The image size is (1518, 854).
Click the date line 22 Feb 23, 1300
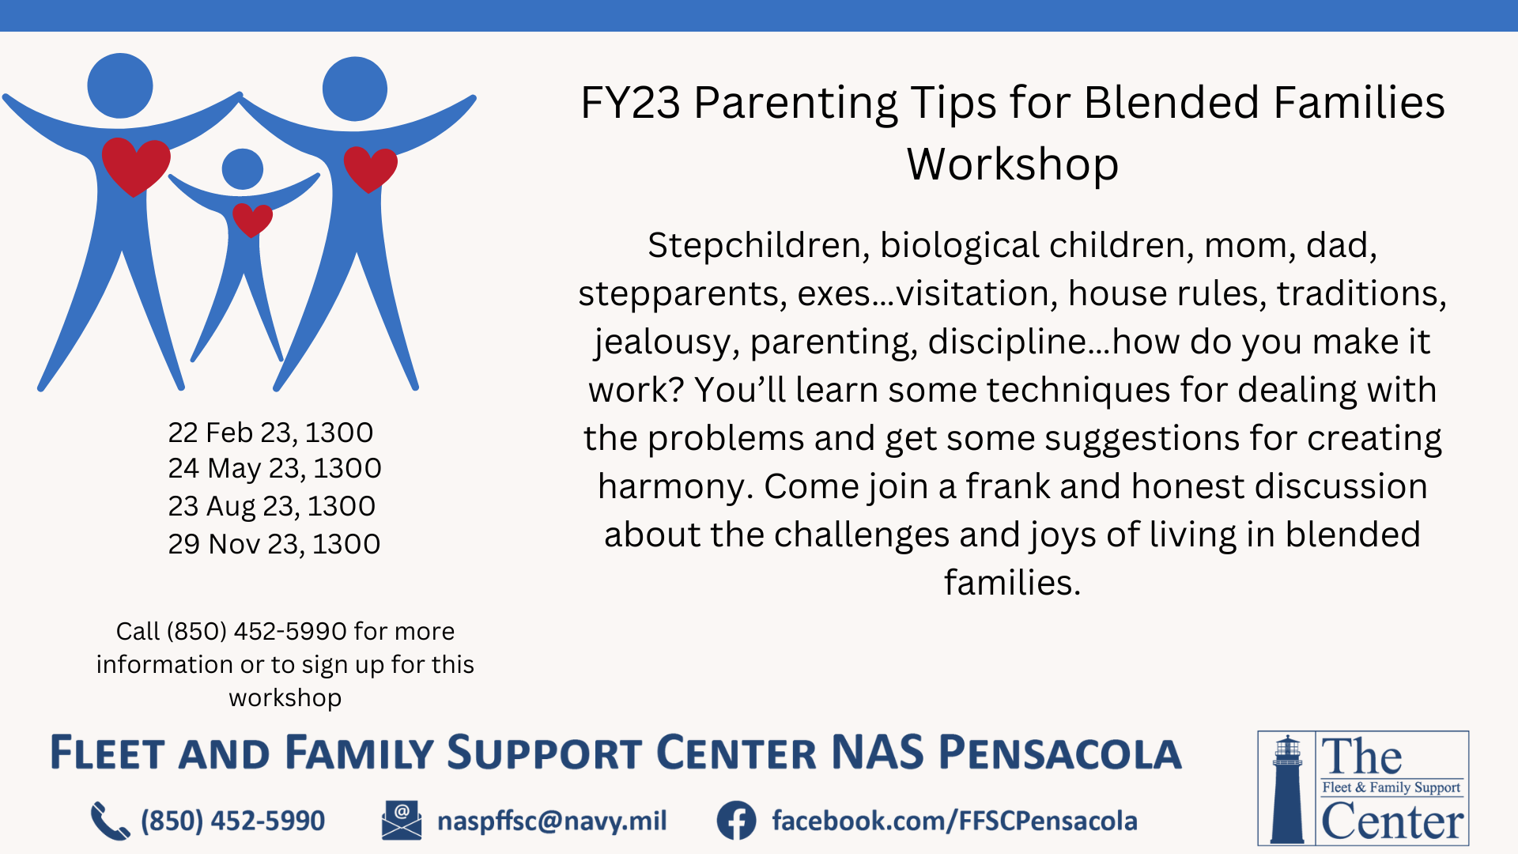[270, 433]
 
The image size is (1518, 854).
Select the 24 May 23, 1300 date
[274, 469]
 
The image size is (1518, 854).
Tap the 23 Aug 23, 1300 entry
[271, 506]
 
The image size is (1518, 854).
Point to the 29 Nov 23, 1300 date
[274, 544]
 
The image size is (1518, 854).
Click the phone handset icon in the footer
[110, 821]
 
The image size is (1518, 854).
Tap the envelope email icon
[402, 820]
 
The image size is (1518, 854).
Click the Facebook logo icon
[736, 821]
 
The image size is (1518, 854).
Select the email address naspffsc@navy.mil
[552, 821]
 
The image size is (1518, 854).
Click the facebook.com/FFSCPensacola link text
[954, 821]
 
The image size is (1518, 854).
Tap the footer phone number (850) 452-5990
[232, 821]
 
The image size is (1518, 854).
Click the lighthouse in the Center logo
[1287, 788]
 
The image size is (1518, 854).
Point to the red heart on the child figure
[252, 220]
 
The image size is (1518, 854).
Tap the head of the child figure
[243, 169]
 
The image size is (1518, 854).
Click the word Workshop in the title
[1013, 164]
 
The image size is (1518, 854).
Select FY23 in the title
[630, 103]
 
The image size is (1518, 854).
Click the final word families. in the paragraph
[1012, 583]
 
